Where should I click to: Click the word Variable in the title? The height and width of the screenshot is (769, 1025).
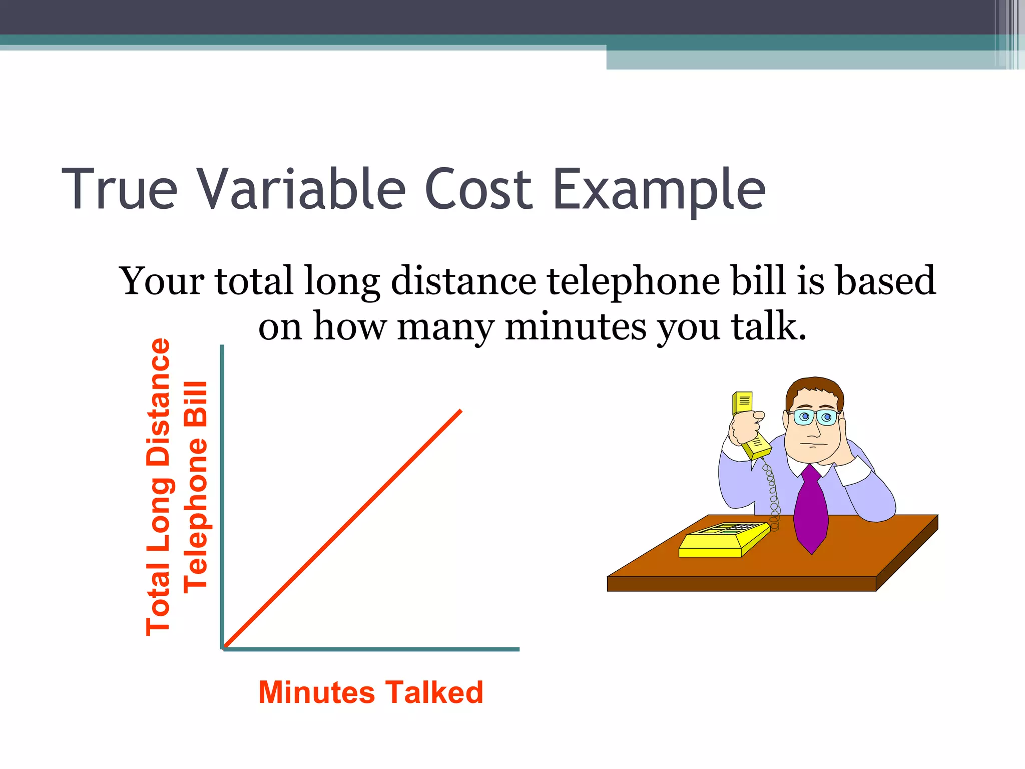300,189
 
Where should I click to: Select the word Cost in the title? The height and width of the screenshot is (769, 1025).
478,189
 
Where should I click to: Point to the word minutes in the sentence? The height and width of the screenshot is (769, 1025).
576,326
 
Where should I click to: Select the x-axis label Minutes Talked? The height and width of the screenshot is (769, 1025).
370,692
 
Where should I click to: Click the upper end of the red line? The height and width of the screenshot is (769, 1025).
459,412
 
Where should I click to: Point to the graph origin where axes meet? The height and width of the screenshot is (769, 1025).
223,648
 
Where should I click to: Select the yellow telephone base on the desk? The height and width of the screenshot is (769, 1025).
723,541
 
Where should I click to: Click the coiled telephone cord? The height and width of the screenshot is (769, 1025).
773,496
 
